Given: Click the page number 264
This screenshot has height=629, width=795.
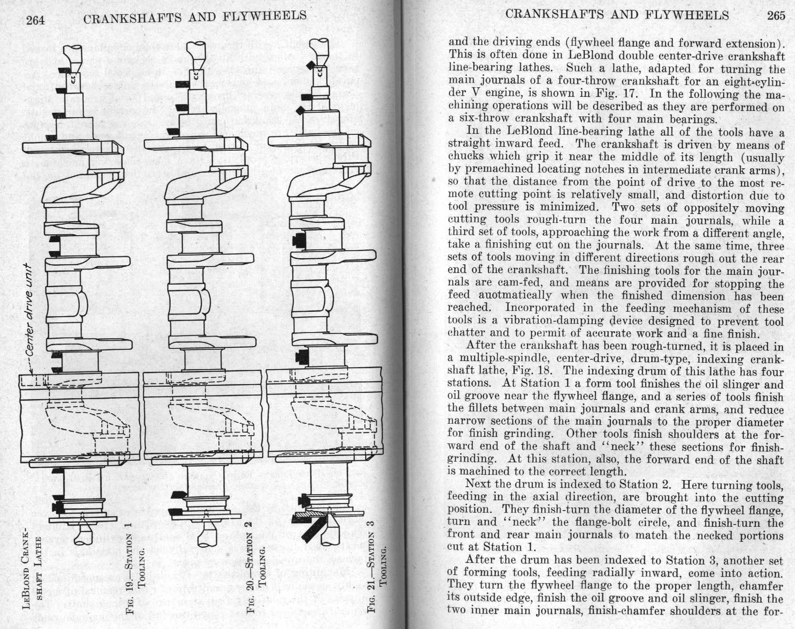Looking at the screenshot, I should pyautogui.click(x=35, y=19).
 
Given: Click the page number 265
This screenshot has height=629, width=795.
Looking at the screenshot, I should pyautogui.click(x=776, y=15).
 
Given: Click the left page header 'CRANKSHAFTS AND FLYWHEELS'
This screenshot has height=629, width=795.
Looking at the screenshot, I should pyautogui.click(x=194, y=17).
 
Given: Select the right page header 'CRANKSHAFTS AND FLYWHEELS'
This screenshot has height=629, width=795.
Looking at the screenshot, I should pyautogui.click(x=617, y=15).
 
